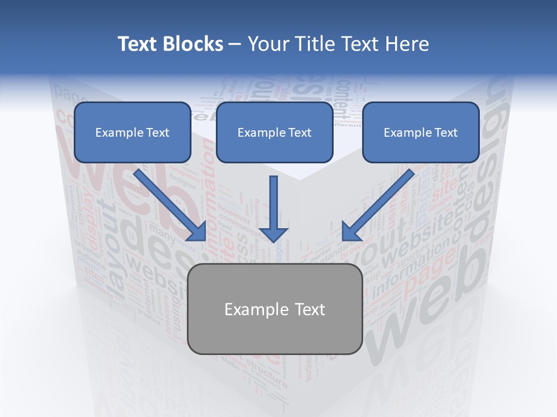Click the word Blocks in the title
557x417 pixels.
click(x=194, y=44)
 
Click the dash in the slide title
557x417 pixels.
click(x=235, y=45)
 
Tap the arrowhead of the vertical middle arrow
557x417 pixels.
click(x=273, y=234)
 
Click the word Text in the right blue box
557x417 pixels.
click(x=446, y=133)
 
